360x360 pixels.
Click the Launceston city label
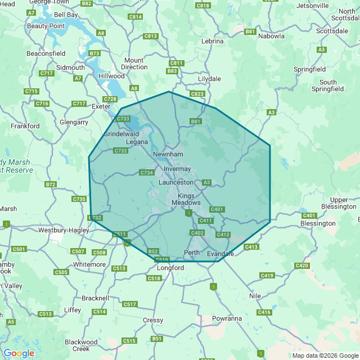click(x=175, y=182)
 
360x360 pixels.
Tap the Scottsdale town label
click(x=332, y=31)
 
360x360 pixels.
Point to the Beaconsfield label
click(x=46, y=53)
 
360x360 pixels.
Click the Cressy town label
click(x=153, y=319)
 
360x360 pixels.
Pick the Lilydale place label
click(x=209, y=79)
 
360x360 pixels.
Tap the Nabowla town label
click(x=271, y=36)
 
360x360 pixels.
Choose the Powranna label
click(x=227, y=318)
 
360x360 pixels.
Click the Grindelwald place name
click(x=121, y=134)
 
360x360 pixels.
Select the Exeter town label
click(x=101, y=106)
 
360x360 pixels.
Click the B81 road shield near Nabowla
click(x=250, y=31)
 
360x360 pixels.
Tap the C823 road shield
click(x=197, y=94)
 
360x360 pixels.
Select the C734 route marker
click(x=147, y=173)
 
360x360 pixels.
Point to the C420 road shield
click(x=302, y=265)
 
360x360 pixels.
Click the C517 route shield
click(x=130, y=304)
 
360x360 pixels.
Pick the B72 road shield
click(x=51, y=184)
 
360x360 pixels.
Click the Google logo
click(x=19, y=353)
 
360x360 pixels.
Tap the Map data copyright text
click(x=325, y=355)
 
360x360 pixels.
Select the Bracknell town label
click(x=95, y=298)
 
